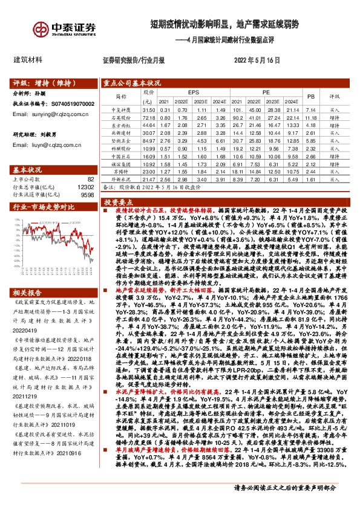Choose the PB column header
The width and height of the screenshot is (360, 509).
[311, 96]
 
